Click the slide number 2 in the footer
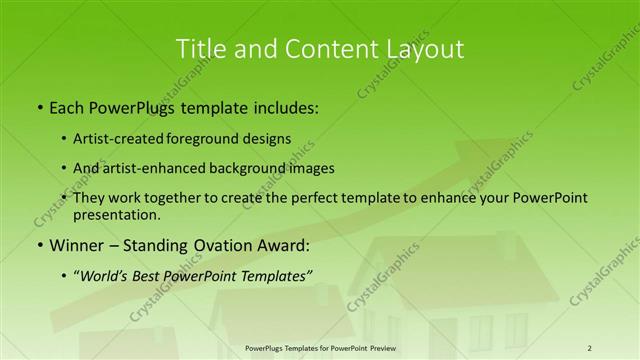click(589, 348)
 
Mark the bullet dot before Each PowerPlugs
click(39, 106)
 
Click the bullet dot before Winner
click(39, 245)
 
